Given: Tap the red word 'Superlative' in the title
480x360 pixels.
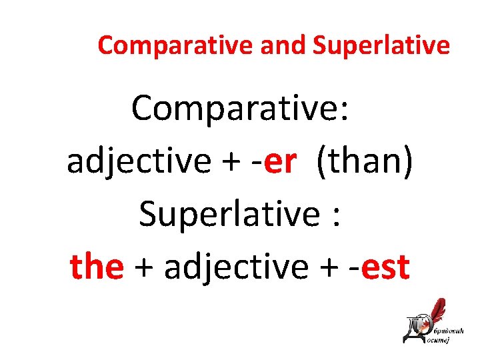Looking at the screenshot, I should coord(381,45).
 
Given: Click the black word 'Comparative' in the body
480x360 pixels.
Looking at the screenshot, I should coord(233,107).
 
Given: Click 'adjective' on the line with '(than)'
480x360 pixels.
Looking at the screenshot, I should coord(139,161).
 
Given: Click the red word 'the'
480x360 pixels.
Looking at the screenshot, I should coord(97,267).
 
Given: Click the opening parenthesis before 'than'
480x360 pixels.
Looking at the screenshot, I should coord(323,161).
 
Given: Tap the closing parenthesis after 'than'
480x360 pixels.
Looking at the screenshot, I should coord(408,161).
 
